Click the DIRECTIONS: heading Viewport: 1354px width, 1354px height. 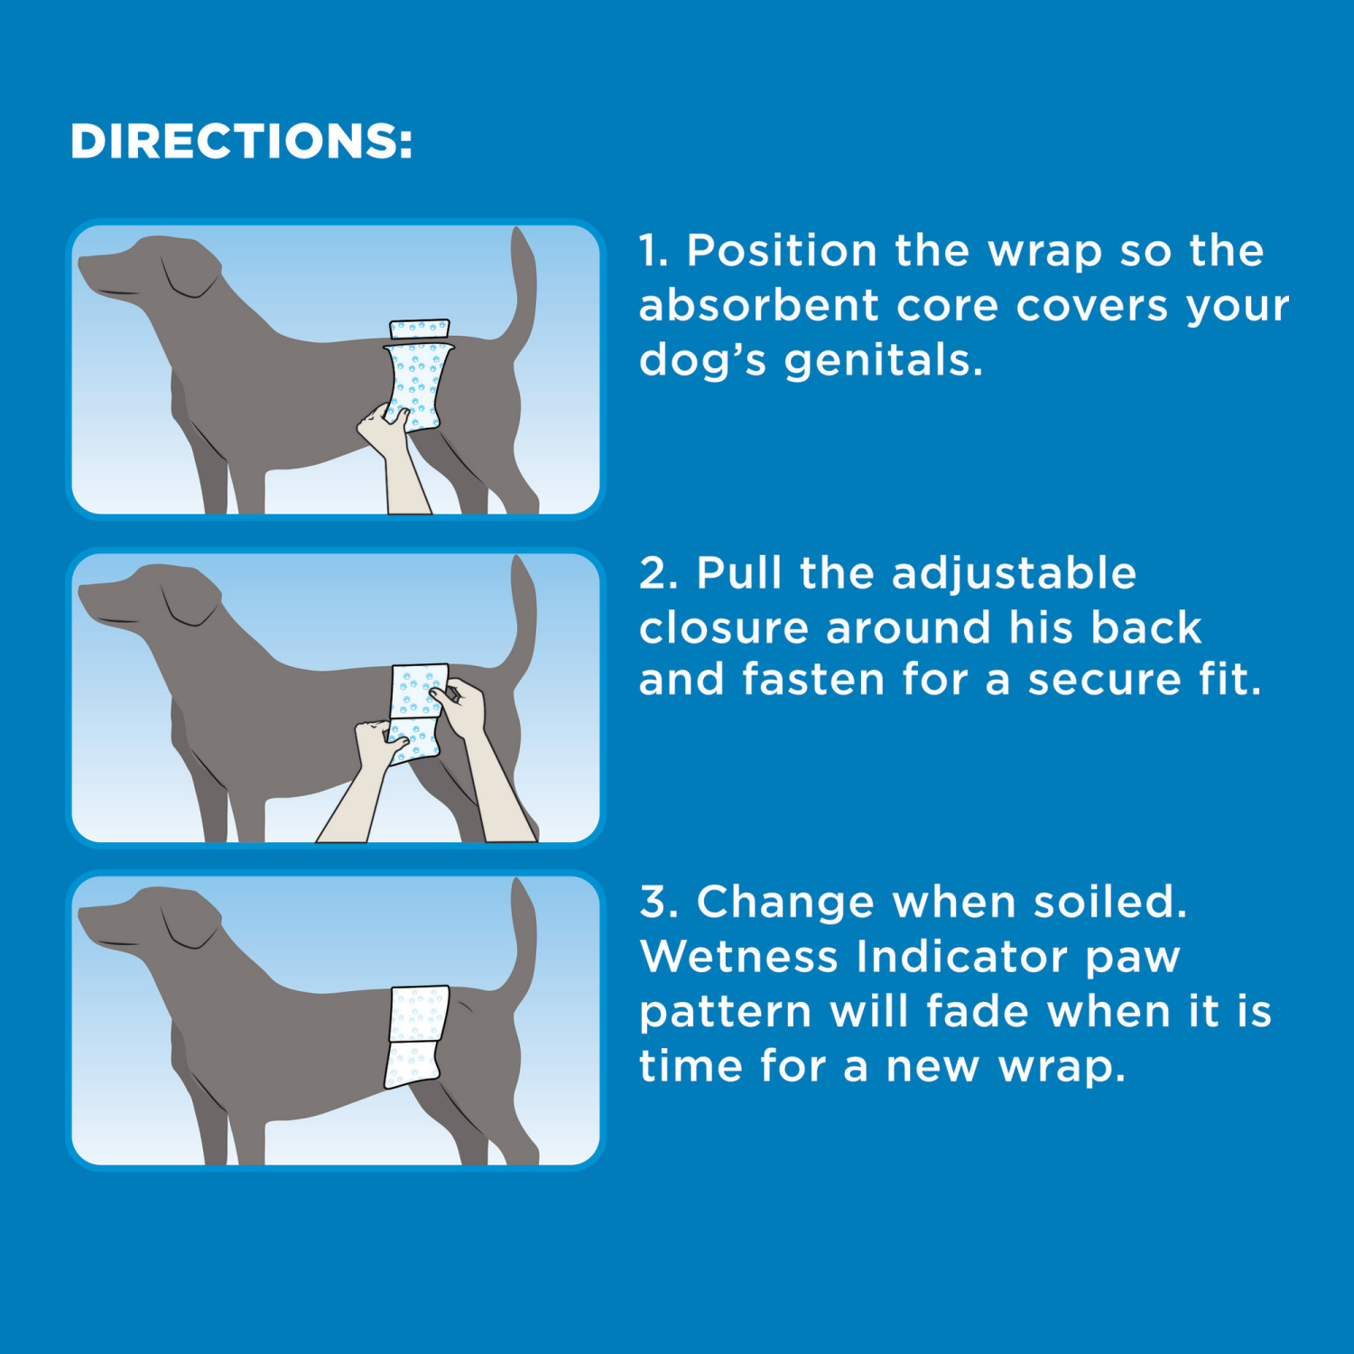241,142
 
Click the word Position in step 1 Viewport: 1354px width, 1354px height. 782,251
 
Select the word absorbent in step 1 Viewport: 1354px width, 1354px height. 758,305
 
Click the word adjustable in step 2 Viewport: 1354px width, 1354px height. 1014,573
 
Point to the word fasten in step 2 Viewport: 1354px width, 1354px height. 812,680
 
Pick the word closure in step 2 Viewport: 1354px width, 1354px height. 723,627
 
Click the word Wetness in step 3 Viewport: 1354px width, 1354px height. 738,957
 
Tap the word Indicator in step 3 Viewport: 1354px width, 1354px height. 962,957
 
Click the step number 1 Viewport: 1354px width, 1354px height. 652,251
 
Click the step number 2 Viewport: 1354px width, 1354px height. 656,574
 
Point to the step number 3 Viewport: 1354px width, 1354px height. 656,902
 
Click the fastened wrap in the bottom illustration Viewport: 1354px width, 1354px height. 417,1034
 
